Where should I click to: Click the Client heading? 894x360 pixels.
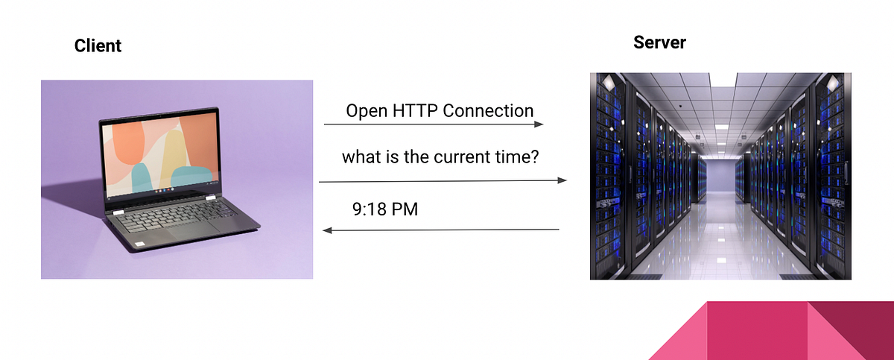point(98,46)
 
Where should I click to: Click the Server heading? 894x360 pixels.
point(659,42)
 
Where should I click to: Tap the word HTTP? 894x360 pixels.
point(413,111)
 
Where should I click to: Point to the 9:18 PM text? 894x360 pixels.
point(384,209)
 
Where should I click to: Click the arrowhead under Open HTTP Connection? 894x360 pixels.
point(539,125)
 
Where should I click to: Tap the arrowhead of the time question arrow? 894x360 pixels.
point(562,180)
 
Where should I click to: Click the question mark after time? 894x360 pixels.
point(534,157)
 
